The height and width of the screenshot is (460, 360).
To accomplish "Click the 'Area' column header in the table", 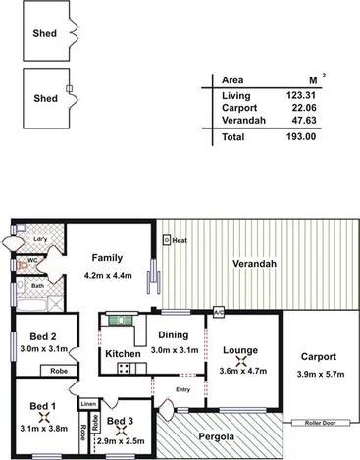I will click(232, 80).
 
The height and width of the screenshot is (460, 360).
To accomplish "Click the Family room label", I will click(106, 258).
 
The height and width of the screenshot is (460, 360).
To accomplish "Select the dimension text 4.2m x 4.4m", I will click(106, 276).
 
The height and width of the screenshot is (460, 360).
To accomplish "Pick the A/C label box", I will click(219, 312).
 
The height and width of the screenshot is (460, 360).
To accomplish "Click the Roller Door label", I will click(316, 423).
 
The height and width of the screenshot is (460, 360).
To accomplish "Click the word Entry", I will click(182, 389).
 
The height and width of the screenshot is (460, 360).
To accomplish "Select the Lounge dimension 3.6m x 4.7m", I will click(240, 370).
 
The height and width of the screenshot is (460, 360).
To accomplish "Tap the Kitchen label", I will click(123, 352).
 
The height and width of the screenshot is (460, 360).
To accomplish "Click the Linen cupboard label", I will click(89, 403).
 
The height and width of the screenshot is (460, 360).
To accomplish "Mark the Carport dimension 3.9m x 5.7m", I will click(319, 374).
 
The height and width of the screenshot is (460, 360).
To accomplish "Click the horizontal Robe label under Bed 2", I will click(58, 372).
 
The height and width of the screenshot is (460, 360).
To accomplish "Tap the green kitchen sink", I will click(119, 318).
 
